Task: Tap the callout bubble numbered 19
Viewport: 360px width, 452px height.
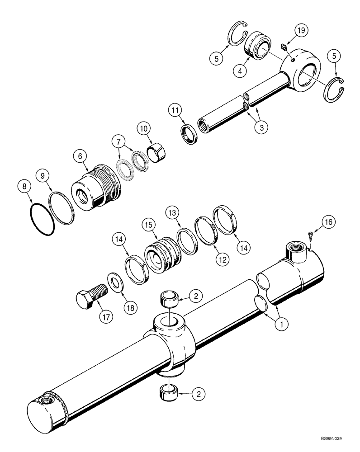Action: (x=301, y=31)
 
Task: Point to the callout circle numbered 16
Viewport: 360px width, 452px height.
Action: (x=328, y=221)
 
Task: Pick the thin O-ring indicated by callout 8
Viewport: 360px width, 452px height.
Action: (x=42, y=220)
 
